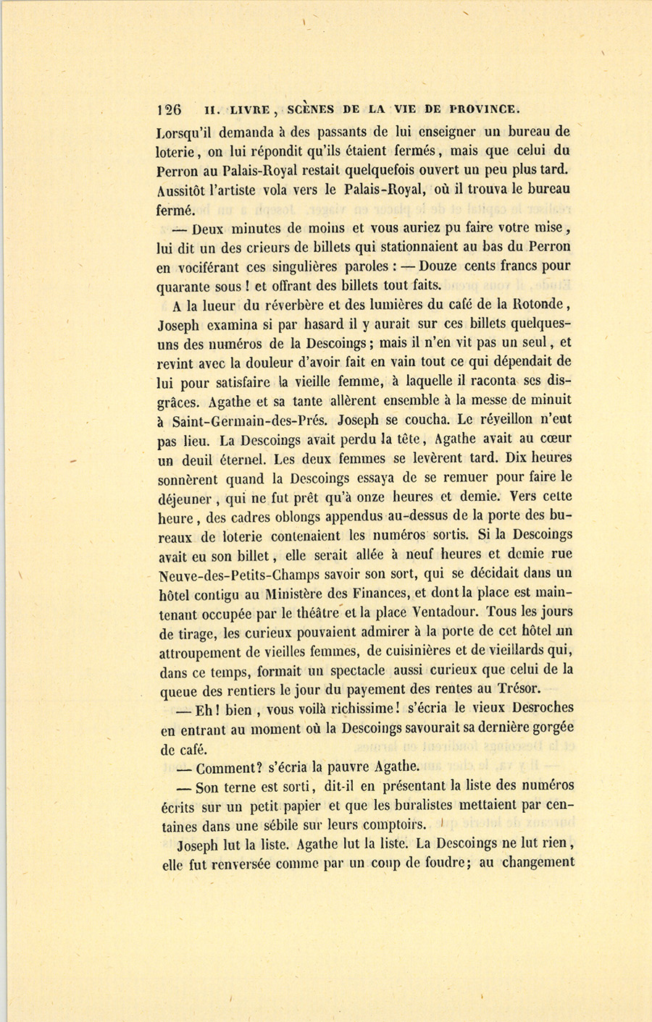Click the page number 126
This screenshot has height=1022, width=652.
coord(169,110)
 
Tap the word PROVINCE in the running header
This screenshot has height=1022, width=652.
coord(484,109)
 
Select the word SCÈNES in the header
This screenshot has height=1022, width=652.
coord(311,109)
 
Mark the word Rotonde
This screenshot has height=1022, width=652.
coord(539,304)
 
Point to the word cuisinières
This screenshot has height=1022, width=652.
coord(409,651)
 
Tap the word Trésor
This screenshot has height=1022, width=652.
coord(516,689)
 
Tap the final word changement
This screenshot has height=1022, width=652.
coord(538,862)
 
